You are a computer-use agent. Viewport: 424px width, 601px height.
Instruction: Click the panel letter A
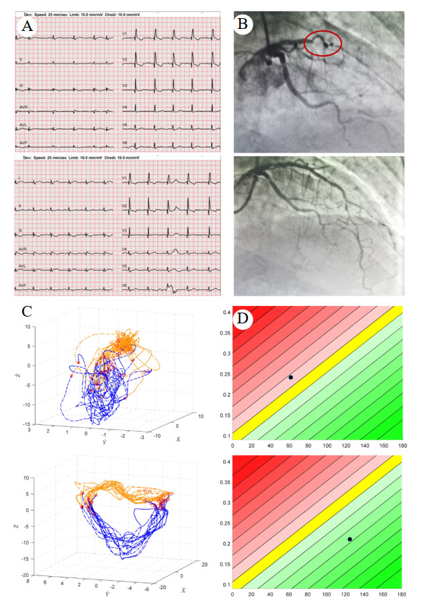coord(27,26)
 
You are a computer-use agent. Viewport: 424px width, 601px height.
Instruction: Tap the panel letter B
coord(243,25)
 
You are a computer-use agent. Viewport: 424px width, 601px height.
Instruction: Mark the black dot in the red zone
coord(291,377)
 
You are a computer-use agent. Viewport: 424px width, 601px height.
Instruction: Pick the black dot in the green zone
coord(349,539)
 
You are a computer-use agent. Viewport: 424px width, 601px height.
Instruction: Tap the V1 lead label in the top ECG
coord(125,33)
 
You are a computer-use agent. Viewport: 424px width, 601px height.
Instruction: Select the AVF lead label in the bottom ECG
coord(23,284)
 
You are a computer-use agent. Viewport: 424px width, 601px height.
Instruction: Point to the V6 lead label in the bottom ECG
coord(125,284)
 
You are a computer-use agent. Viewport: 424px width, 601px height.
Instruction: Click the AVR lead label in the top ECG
coord(24,108)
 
